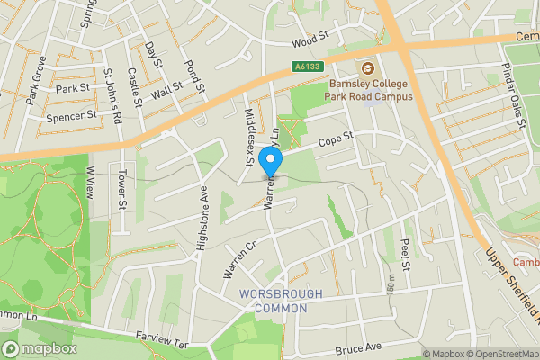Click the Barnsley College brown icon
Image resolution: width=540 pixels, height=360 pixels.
367,68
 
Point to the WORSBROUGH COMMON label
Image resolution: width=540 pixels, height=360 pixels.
274,301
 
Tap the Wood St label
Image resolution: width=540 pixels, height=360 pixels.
307,42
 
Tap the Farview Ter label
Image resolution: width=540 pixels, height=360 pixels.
163,343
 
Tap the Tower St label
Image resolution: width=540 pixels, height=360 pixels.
122,190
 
